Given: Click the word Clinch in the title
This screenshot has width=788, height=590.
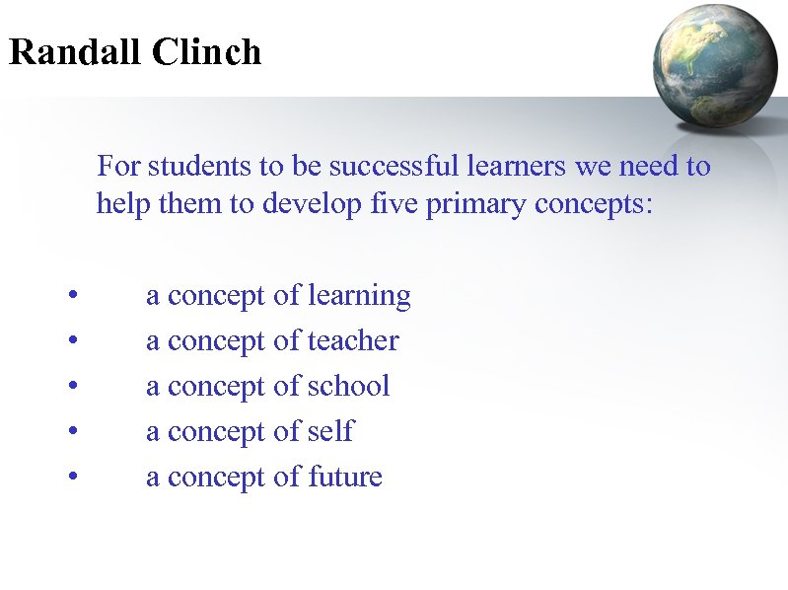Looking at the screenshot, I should click(x=207, y=52).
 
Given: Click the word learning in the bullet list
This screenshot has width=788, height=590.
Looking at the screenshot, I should click(x=359, y=296).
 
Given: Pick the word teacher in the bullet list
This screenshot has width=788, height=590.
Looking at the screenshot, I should click(x=353, y=341).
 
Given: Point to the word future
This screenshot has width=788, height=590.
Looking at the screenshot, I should click(x=344, y=478).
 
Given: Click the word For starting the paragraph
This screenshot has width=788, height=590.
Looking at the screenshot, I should click(x=118, y=167).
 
